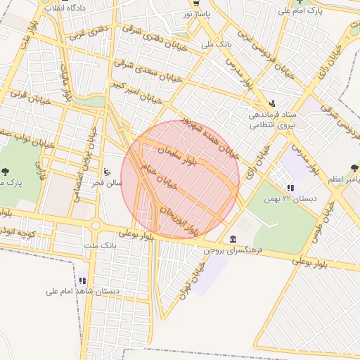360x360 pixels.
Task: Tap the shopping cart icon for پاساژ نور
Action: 196,3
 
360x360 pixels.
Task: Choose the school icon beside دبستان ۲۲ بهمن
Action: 290,188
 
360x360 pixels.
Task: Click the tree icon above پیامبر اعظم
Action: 354,169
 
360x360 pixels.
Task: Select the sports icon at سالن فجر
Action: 107,172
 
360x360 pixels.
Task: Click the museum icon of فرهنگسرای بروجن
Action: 233,239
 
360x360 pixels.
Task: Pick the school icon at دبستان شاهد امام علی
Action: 82,281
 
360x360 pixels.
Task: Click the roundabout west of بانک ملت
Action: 94,226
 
